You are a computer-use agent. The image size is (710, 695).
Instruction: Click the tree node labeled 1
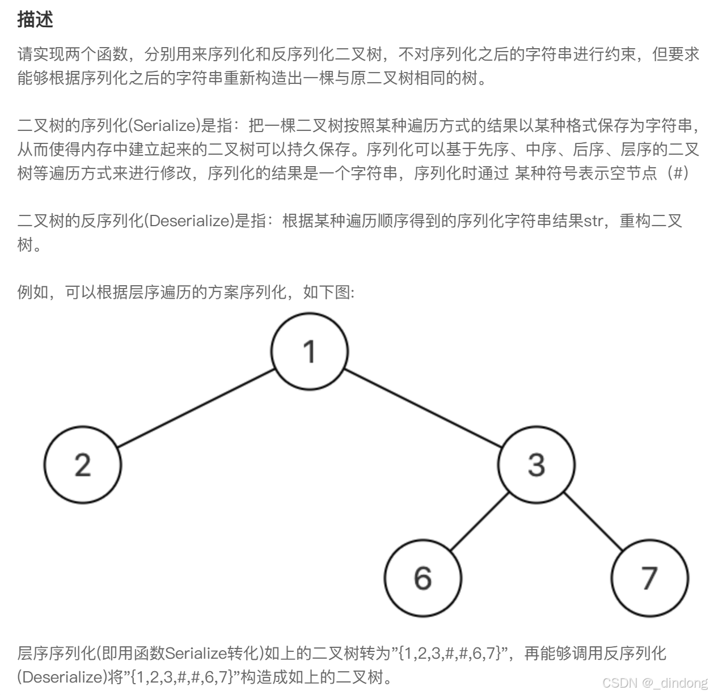coord(309,351)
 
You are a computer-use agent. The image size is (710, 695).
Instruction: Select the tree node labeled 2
coord(83,464)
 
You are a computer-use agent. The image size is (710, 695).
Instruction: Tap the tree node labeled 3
coord(536,464)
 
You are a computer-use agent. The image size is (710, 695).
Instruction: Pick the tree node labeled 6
coord(422,578)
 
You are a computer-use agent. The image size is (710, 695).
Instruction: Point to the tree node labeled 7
coord(649,578)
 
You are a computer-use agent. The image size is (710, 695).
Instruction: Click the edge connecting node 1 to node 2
coord(196,408)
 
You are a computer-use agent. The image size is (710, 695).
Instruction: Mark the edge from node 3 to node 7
coord(593,521)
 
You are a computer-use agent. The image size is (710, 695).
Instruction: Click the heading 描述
coord(35,19)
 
